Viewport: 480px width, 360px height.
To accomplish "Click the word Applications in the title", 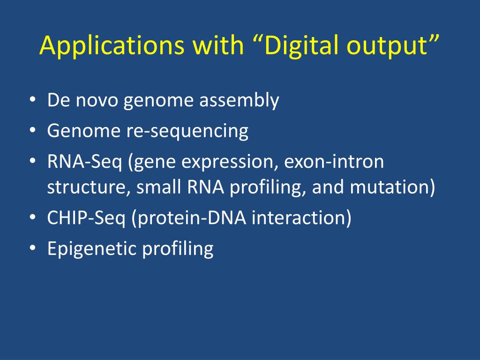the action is pyautogui.click(x=112, y=45).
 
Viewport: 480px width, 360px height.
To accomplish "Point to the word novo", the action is pyautogui.click(x=97, y=101).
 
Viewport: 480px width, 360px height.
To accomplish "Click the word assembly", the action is pyautogui.click(x=239, y=100).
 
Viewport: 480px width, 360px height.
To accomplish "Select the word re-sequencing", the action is pyautogui.click(x=187, y=131).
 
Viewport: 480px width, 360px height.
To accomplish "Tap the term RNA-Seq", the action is pyautogui.click(x=84, y=162).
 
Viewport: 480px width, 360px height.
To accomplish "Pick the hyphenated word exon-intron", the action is pyautogui.click(x=334, y=161).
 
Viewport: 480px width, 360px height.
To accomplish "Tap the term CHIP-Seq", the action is pyautogui.click(x=86, y=218).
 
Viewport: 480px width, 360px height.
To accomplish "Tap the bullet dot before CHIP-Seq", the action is pyautogui.click(x=33, y=217).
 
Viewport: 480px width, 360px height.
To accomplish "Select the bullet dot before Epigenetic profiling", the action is pyautogui.click(x=33, y=247).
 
